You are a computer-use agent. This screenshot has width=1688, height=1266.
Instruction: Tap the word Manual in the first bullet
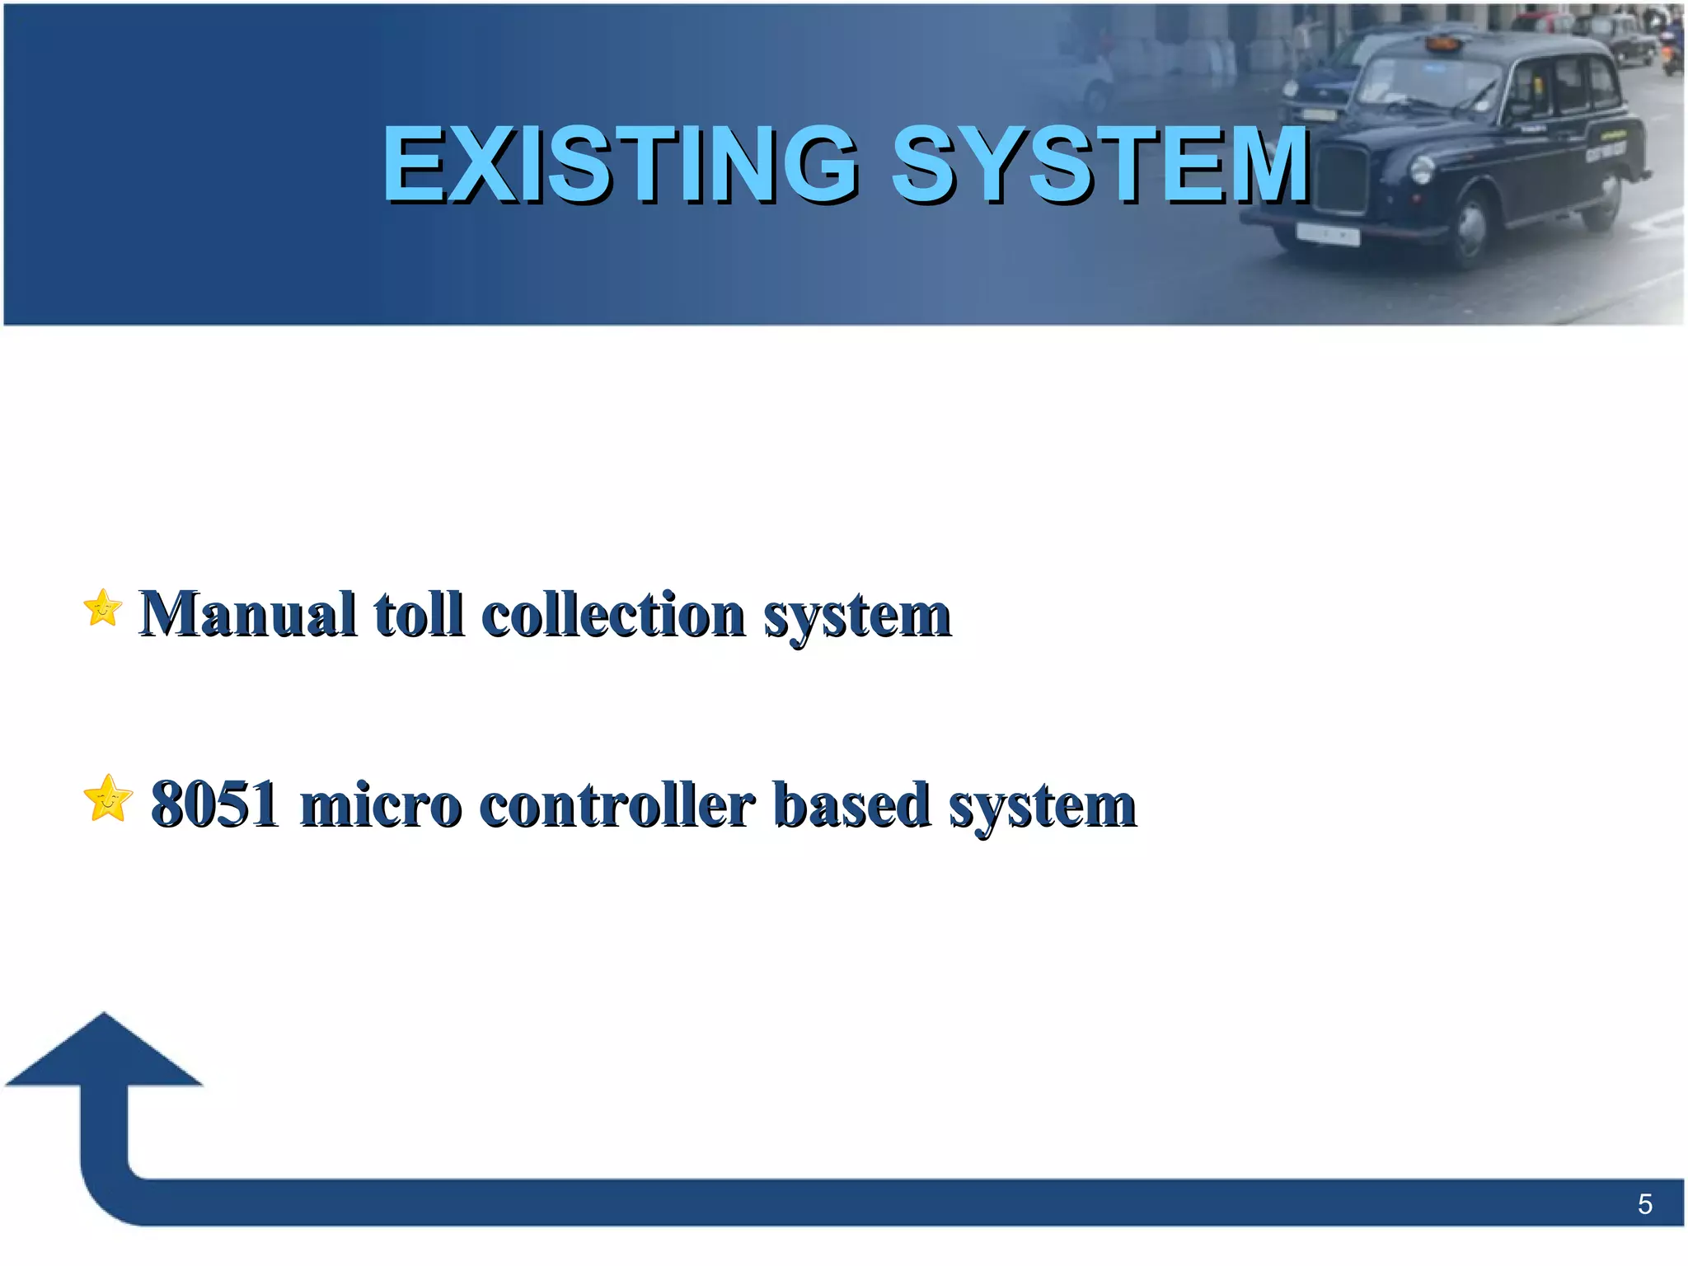tap(247, 614)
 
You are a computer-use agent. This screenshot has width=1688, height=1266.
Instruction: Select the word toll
tap(419, 614)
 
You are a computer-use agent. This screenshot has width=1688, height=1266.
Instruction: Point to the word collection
tap(613, 614)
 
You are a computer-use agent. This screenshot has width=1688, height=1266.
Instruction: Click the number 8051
tap(214, 804)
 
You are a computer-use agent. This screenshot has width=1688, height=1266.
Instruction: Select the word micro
tap(380, 804)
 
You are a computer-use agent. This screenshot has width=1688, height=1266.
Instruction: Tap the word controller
tap(617, 804)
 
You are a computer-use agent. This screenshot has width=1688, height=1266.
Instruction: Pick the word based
tap(851, 804)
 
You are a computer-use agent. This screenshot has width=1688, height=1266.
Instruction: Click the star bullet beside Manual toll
tap(103, 608)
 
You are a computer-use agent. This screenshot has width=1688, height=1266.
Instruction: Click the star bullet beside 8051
tap(108, 799)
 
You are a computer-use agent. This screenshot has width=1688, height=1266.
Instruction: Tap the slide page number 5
tap(1644, 1204)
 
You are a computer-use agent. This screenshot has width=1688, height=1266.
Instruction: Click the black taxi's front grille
tap(1343, 180)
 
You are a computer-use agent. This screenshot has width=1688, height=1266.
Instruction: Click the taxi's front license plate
tap(1327, 234)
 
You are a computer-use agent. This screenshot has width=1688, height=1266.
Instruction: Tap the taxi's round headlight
tap(1423, 170)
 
